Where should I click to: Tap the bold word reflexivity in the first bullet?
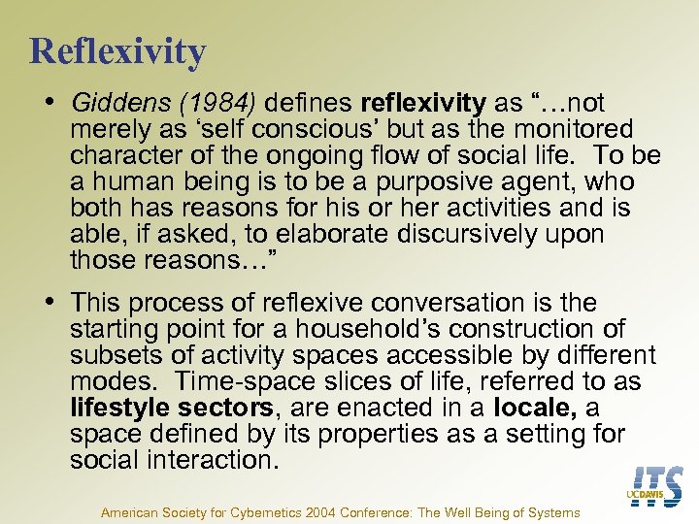point(422,103)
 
